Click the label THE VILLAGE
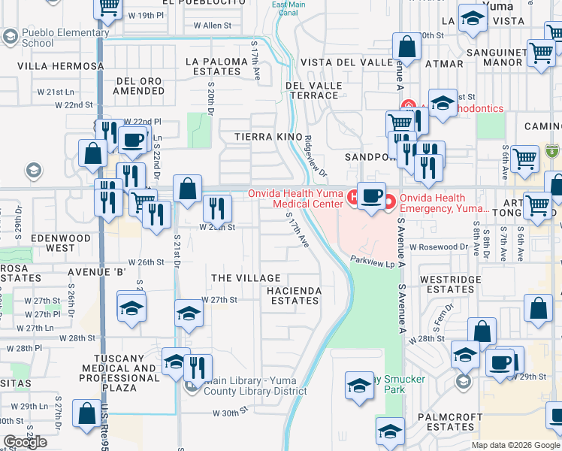[x=246, y=278]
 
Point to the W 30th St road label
[x=230, y=413]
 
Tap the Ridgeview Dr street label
[x=316, y=155]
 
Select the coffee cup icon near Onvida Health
[x=370, y=194]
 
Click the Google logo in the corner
[x=25, y=443]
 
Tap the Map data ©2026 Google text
[x=515, y=445]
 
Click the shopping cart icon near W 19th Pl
[x=109, y=7]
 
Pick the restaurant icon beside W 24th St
[x=217, y=207]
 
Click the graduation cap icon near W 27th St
[x=189, y=313]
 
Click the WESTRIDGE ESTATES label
[x=446, y=284]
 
